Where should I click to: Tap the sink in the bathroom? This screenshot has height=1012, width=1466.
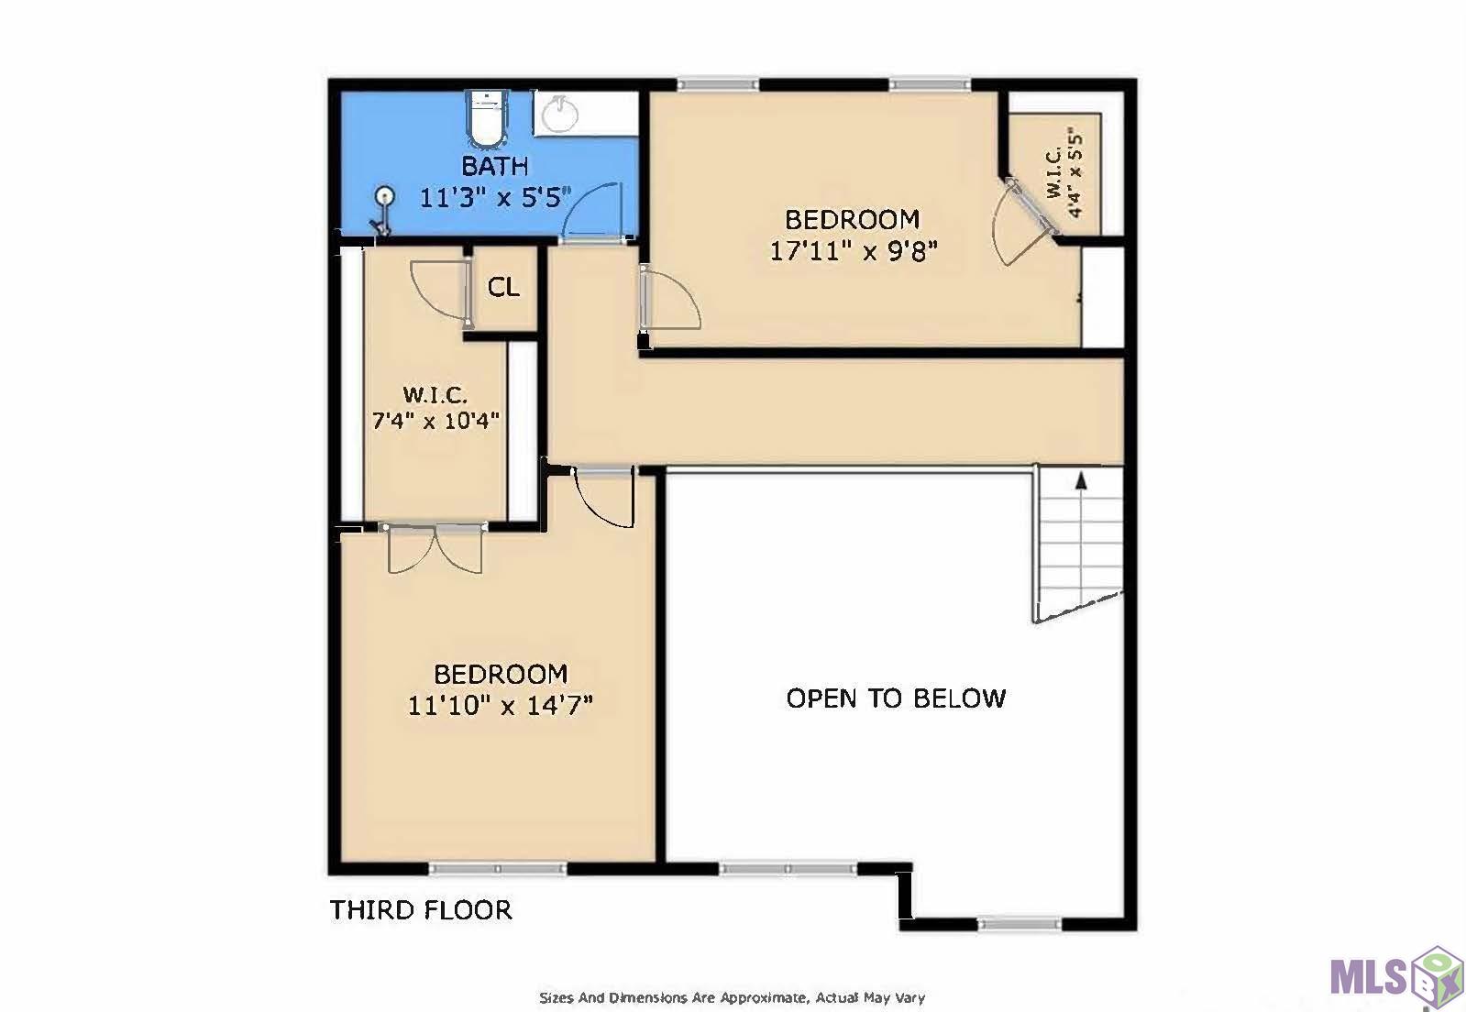pos(558,115)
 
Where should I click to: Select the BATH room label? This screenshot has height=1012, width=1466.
pos(495,167)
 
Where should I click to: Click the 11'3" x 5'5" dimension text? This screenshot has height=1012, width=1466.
pos(495,197)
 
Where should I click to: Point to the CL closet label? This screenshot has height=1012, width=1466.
pos(503,288)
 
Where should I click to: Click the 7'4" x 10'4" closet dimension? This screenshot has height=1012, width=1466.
pos(435,421)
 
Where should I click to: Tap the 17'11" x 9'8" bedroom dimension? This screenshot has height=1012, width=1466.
pos(853,250)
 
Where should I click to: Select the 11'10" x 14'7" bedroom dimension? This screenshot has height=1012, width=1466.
pos(501,705)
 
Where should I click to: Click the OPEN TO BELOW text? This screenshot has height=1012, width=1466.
pos(896,698)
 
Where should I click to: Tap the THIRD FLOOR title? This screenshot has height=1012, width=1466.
pos(421,910)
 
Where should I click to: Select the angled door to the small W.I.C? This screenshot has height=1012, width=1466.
pos(1022,220)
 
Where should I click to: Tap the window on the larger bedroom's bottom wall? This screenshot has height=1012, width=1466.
pos(498,868)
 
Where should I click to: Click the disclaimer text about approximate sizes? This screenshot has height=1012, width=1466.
pos(732,997)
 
